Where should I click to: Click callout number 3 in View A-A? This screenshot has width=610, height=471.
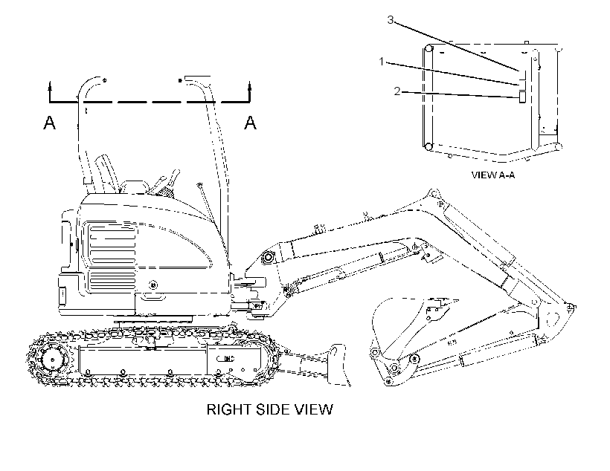click(x=391, y=19)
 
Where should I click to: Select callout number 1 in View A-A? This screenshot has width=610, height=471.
click(x=382, y=62)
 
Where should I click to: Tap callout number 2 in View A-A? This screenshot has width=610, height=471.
click(x=396, y=91)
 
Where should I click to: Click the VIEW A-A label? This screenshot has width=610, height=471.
click(x=493, y=175)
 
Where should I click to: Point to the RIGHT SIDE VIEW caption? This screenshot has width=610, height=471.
click(x=269, y=409)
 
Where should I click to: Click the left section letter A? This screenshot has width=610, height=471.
click(x=49, y=123)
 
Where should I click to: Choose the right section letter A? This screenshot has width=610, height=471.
click(x=251, y=123)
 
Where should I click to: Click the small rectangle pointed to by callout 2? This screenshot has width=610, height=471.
click(x=521, y=97)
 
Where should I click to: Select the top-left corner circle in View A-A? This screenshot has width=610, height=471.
click(x=428, y=48)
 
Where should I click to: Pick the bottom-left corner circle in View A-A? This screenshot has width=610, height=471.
click(x=428, y=147)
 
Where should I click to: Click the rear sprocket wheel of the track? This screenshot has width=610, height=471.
click(x=52, y=359)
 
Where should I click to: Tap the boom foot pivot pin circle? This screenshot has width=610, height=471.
click(x=268, y=257)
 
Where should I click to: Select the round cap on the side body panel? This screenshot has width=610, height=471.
click(x=154, y=285)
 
